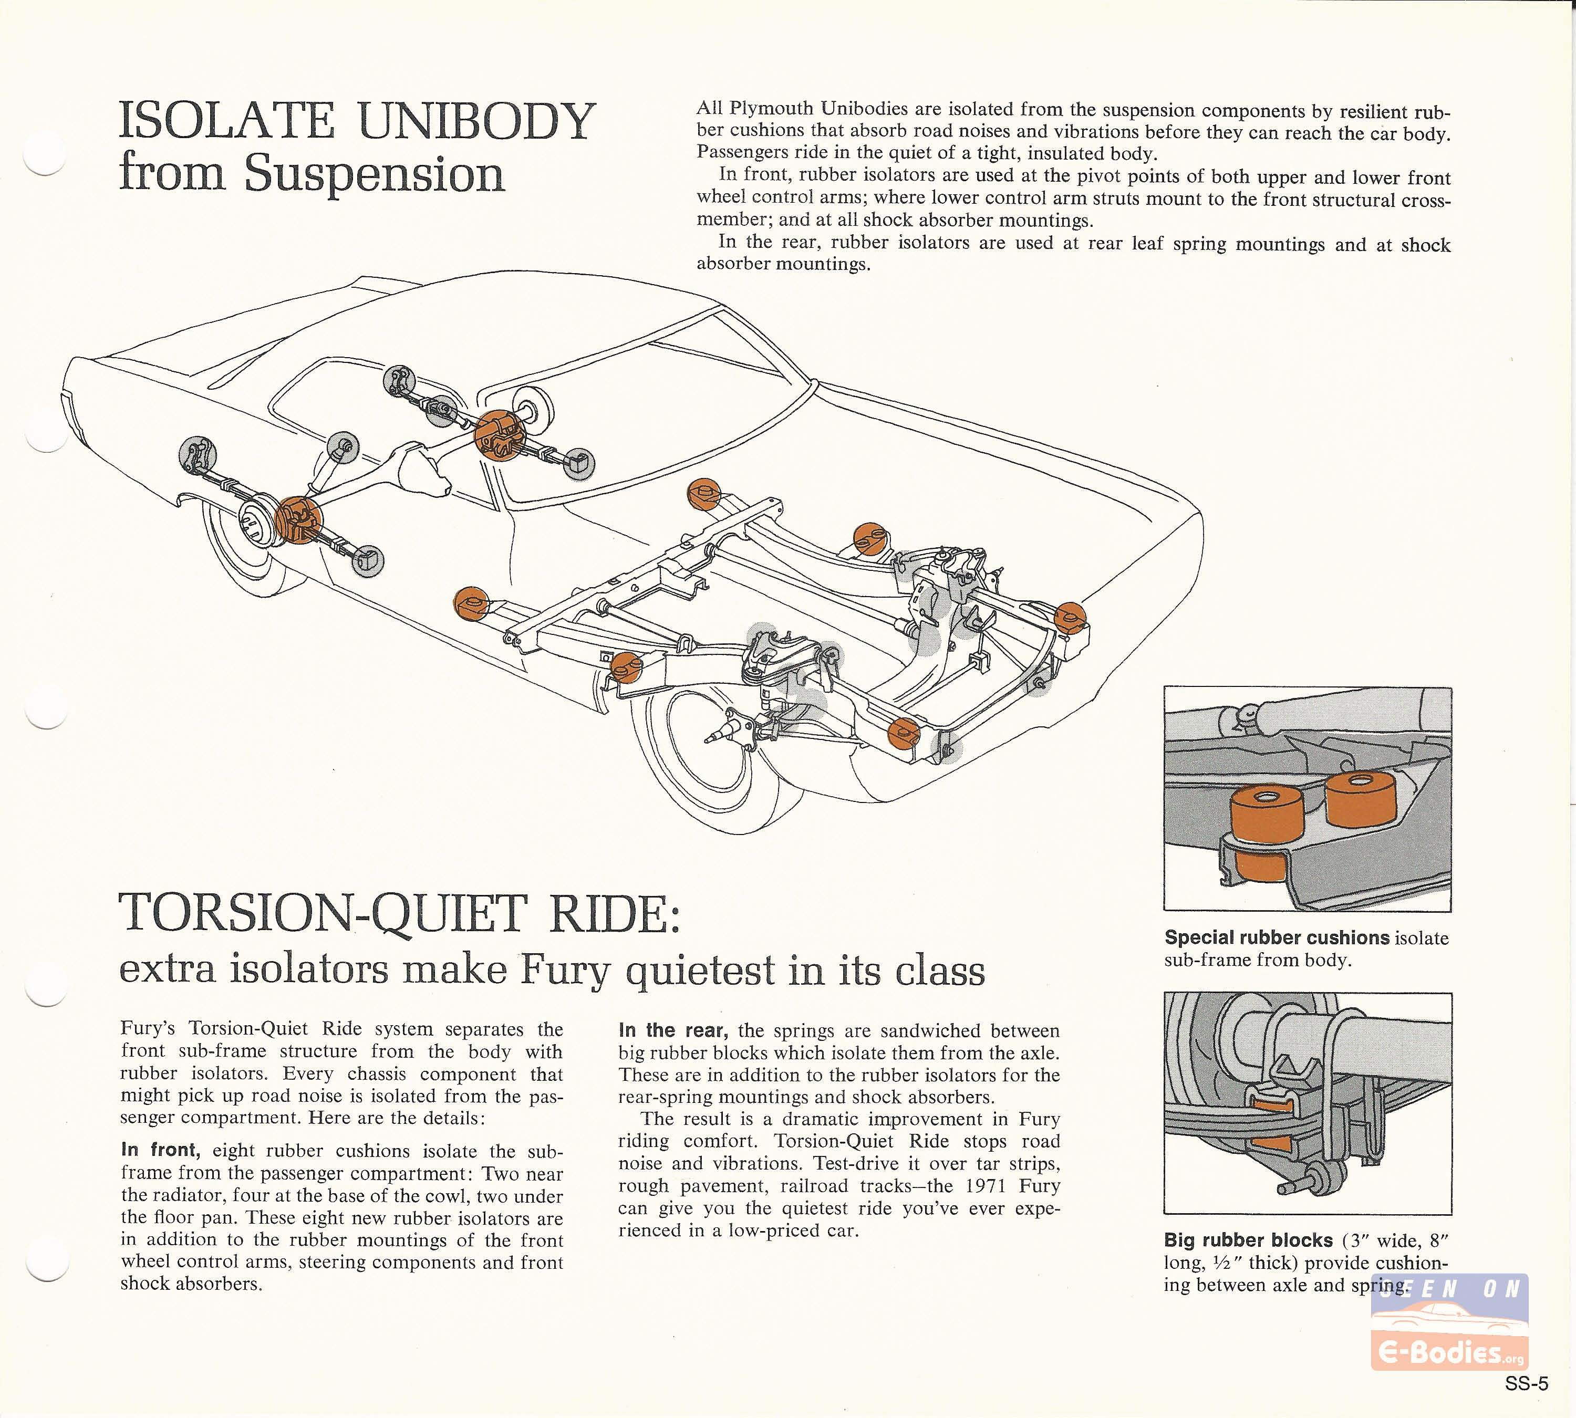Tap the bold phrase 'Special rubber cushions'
[1277, 938]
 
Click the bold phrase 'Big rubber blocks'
[1249, 1240]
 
